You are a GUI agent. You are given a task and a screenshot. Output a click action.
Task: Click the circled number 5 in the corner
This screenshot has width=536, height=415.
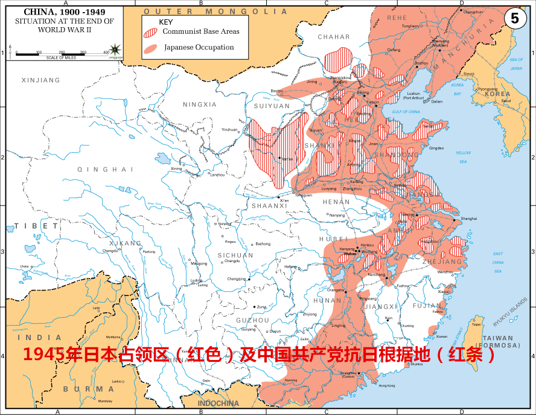[x=514, y=18]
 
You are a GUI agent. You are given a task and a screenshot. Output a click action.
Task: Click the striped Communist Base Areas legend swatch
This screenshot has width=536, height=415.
[x=151, y=31]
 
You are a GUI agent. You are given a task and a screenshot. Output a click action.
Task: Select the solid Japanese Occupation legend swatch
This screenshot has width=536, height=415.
[x=151, y=47]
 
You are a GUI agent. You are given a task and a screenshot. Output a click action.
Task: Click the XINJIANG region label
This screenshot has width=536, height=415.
[x=40, y=80]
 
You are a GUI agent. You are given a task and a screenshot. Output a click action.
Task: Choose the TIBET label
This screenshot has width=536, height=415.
[x=30, y=225]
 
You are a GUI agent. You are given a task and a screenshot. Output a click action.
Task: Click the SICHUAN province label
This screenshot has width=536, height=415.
[x=236, y=256]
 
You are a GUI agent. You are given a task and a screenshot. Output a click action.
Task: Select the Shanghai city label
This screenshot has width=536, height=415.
[x=469, y=218]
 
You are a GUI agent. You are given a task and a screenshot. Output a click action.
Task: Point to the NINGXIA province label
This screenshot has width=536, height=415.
[x=200, y=105]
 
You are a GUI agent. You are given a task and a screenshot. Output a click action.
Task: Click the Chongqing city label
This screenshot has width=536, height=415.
[x=237, y=279]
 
